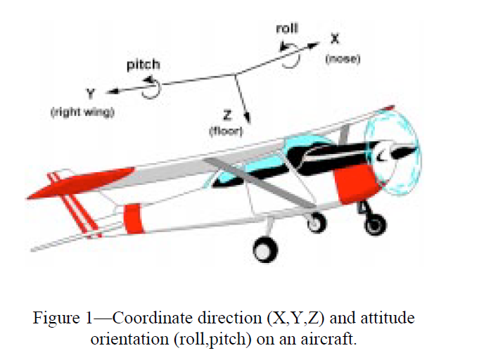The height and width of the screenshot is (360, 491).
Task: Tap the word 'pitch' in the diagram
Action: click(143, 65)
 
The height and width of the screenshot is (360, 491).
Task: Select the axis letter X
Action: click(336, 41)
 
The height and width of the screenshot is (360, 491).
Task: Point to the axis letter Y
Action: click(91, 93)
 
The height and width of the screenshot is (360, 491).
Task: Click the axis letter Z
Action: click(227, 112)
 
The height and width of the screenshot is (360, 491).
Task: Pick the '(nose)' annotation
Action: click(343, 59)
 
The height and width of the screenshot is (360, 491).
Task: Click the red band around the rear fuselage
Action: click(133, 217)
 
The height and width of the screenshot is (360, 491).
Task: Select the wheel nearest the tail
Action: click(265, 247)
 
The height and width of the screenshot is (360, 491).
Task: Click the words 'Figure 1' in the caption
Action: click(64, 318)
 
